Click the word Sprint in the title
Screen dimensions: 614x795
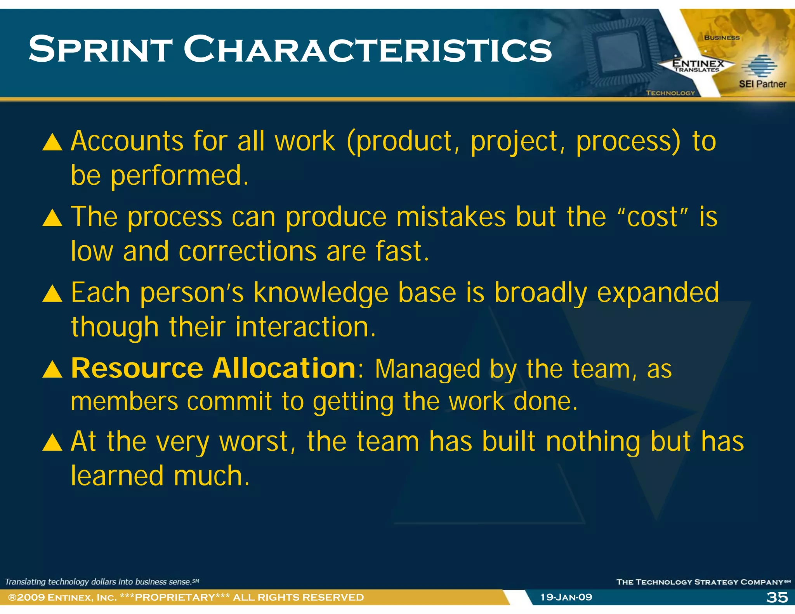[100, 49]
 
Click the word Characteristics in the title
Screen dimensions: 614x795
[367, 49]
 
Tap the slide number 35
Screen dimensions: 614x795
[777, 597]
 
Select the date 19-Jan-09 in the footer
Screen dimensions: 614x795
[566, 597]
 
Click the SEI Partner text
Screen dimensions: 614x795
[762, 84]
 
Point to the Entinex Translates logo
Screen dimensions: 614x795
[698, 65]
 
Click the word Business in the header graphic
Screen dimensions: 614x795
[722, 38]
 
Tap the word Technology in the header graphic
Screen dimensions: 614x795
[670, 93]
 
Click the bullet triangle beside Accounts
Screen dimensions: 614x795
[52, 142]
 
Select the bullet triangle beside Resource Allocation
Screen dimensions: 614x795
[52, 369]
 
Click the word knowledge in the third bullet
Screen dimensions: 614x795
[321, 293]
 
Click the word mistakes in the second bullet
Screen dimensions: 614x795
[451, 217]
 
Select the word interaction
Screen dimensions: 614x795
[306, 327]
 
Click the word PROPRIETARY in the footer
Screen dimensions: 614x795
[175, 597]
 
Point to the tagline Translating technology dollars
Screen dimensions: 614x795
[102, 581]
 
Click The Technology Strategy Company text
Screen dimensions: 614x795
[703, 581]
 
